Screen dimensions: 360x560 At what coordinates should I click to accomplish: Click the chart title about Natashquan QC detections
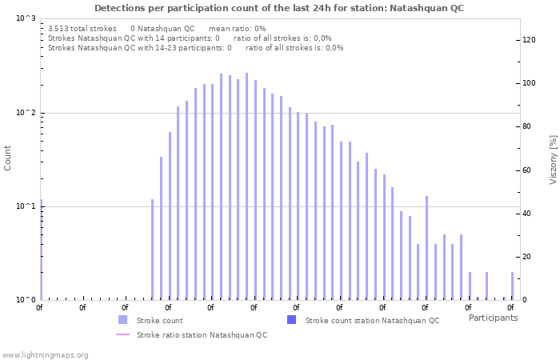[279, 8]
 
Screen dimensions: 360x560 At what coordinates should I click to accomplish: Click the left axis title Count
[8, 158]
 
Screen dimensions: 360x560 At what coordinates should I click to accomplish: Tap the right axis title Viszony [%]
[552, 159]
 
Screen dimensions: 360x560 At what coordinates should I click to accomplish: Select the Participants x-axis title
[493, 318]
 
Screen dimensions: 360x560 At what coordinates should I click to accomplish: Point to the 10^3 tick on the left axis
[26, 18]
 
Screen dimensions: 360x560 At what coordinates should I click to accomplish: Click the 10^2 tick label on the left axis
[26, 113]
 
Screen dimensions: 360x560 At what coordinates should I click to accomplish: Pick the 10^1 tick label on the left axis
[26, 206]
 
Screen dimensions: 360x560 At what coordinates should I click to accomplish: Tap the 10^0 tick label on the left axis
[26, 300]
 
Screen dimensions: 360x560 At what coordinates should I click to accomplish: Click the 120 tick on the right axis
[528, 40]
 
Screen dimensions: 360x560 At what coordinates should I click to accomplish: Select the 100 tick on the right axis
[528, 83]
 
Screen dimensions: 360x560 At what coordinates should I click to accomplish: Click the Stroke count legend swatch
[122, 320]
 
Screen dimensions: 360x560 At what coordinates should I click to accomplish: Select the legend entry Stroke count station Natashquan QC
[372, 320]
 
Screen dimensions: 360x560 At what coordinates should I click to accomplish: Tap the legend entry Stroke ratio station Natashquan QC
[202, 334]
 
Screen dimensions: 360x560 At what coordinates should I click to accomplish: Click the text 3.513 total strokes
[82, 28]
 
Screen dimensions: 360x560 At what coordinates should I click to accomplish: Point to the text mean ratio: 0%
[237, 28]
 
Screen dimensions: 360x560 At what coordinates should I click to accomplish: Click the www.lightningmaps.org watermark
[45, 354]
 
